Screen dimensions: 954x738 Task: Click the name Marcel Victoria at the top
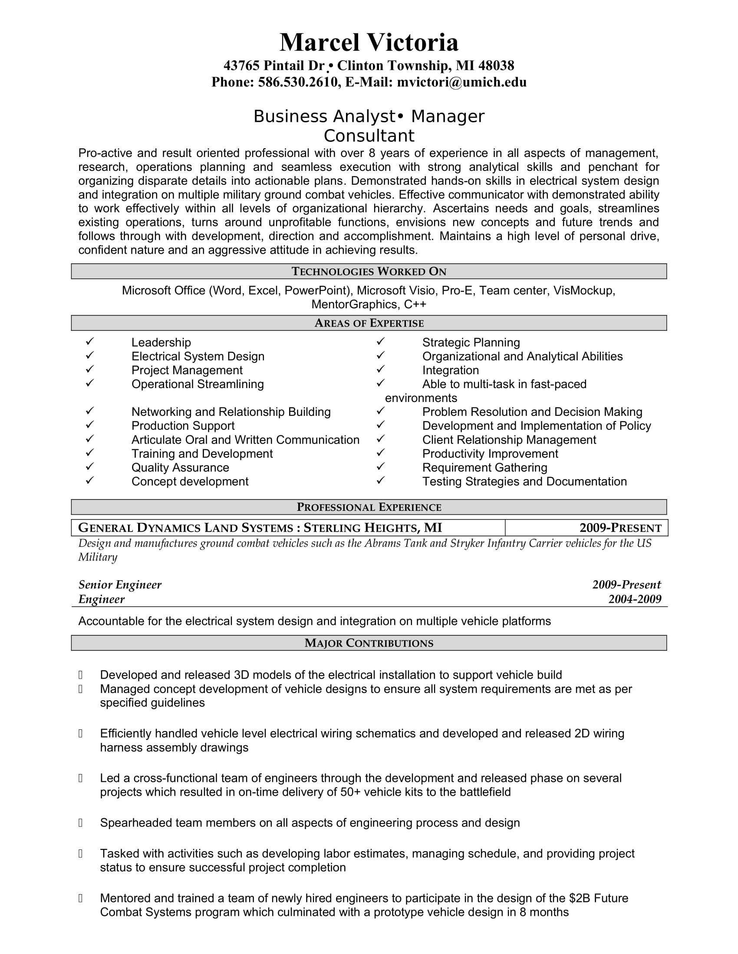pos(369,42)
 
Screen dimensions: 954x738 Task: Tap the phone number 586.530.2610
pos(298,82)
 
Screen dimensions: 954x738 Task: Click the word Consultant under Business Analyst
pos(369,136)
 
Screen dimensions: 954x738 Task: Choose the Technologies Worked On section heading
pos(369,271)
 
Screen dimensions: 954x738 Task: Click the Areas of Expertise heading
pos(369,323)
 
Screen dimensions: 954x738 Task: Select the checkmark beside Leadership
pos(89,341)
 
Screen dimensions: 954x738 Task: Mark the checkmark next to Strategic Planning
pos(380,341)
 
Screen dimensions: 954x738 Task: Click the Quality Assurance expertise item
pos(180,467)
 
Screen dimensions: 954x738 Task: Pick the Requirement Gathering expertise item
pos(484,467)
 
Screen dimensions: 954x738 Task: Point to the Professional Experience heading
pos(369,506)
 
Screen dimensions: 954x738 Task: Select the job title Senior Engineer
pos(120,585)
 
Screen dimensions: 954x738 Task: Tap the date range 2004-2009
pos(634,599)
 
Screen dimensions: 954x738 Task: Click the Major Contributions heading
pos(369,643)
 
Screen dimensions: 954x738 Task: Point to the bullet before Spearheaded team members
pos(80,823)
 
